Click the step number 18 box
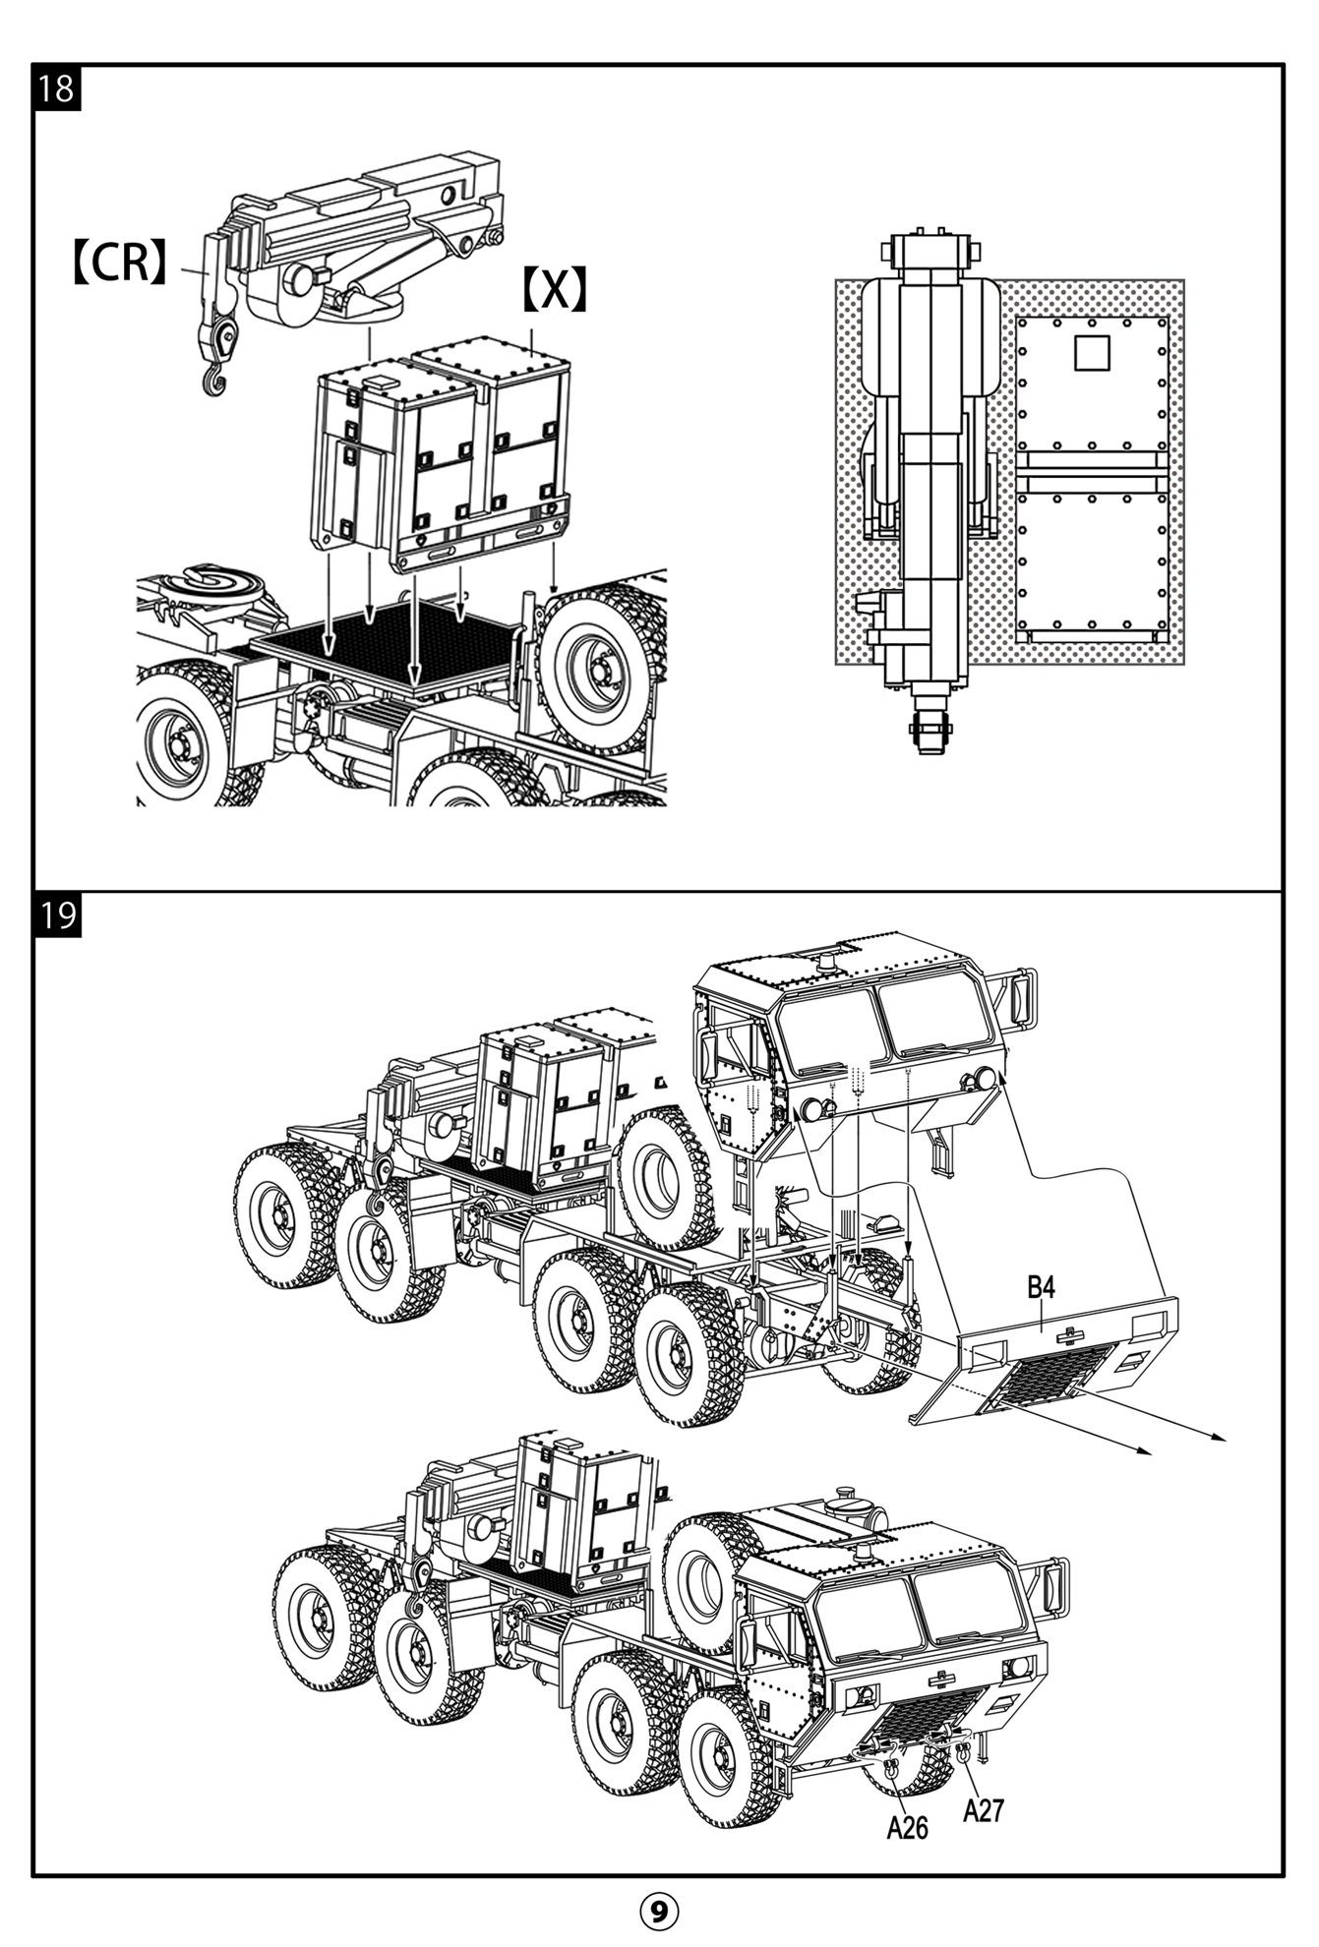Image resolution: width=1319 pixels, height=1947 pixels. pyautogui.click(x=57, y=88)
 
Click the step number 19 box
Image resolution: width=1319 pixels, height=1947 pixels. pyautogui.click(x=57, y=915)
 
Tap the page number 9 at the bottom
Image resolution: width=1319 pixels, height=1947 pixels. pyautogui.click(x=659, y=1911)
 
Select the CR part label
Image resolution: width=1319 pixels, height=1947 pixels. pyautogui.click(x=120, y=263)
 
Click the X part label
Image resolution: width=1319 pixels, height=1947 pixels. pyautogui.click(x=554, y=290)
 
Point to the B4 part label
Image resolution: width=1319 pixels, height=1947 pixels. pyautogui.click(x=1041, y=1286)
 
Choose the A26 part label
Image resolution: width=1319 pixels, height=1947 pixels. pyautogui.click(x=907, y=1827)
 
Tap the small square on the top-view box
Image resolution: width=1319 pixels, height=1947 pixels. pyautogui.click(x=1091, y=353)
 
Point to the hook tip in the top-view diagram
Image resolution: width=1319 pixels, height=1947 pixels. pyautogui.click(x=930, y=733)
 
